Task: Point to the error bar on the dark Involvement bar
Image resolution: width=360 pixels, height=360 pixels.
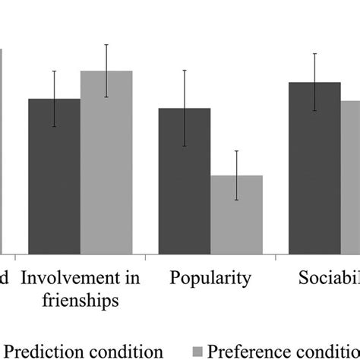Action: click(54, 99)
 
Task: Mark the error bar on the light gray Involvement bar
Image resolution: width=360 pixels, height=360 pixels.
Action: click(106, 70)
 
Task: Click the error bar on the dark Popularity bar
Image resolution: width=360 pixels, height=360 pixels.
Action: click(184, 108)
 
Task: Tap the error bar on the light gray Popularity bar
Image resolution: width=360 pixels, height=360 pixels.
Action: click(237, 175)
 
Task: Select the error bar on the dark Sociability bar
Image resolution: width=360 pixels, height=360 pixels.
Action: click(314, 82)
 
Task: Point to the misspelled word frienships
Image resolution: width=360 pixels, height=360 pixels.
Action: click(79, 299)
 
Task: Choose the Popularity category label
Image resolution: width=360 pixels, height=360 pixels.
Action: click(210, 279)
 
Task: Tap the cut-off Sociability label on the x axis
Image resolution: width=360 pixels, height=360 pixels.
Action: click(327, 279)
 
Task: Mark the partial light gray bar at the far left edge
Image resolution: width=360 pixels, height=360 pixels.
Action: click(2, 152)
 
